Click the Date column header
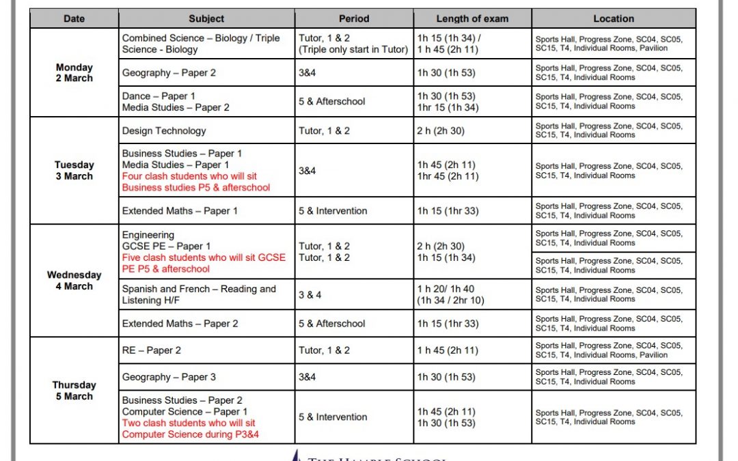coord(74,18)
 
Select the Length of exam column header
coord(473,18)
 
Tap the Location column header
coord(613,18)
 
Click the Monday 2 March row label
coord(74,72)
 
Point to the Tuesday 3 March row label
coord(74,170)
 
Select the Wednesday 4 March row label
coord(74,280)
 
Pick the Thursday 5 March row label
coord(74,390)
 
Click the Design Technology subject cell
coord(164,130)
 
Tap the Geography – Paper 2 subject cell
coord(169,72)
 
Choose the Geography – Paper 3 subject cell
coord(169,377)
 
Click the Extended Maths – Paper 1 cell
coord(180,210)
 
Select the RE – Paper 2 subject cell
coord(151,350)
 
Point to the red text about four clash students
coord(196,182)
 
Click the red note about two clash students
coord(189,428)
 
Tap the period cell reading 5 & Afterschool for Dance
coord(332,101)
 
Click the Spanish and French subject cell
coord(199,294)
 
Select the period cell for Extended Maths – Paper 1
coord(333,210)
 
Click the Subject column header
coord(206,18)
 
